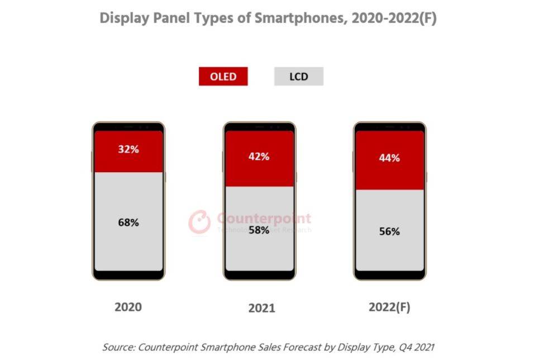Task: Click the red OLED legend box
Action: tap(223, 77)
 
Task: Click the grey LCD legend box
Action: tap(298, 77)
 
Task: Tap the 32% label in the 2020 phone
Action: tap(128, 150)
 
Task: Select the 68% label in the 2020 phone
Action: tap(128, 222)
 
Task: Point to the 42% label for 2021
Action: tap(259, 157)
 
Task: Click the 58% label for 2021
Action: tap(259, 230)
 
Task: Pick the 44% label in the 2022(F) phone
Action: tap(389, 158)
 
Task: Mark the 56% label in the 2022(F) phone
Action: tap(389, 231)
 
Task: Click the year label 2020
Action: tap(128, 307)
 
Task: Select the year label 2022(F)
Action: tap(389, 307)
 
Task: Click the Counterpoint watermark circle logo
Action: tap(199, 221)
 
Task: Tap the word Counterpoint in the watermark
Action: tap(263, 218)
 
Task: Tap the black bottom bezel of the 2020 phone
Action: tap(128, 275)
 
